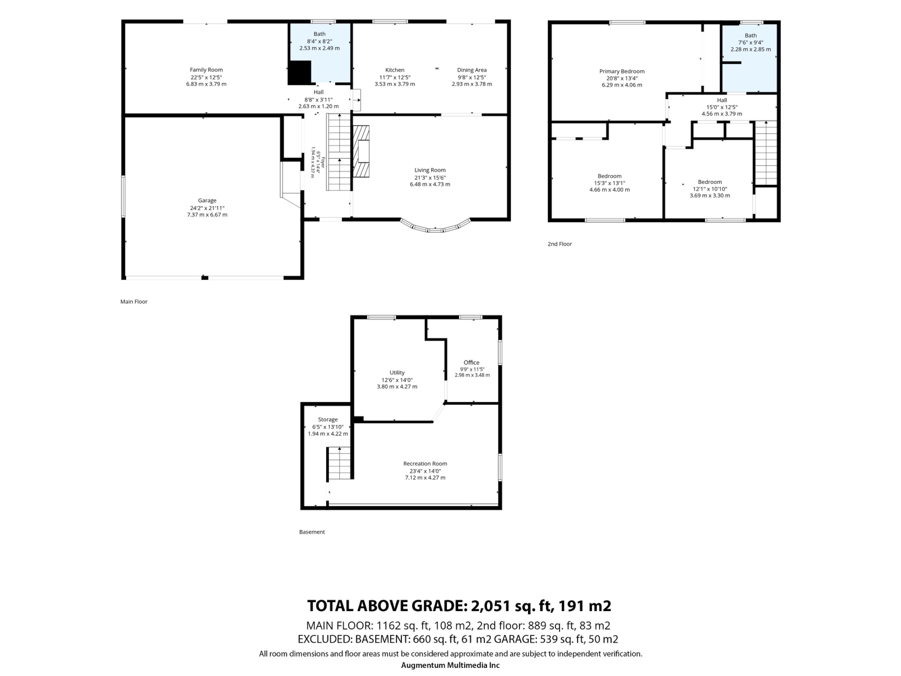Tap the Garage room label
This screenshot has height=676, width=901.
207,200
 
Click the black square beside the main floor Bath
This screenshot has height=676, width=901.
299,73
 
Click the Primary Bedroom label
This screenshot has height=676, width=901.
622,71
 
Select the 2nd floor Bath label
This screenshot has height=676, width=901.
751,35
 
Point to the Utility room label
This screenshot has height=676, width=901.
397,373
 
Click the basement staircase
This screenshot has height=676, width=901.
339,463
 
